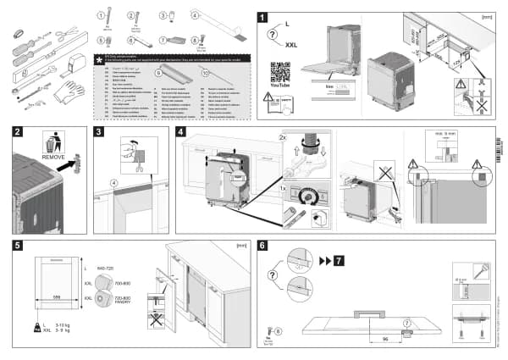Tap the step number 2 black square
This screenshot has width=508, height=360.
pyautogui.click(x=18, y=131)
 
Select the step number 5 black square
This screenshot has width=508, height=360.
pyautogui.click(x=18, y=246)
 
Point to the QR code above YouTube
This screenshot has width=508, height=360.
pyautogui.click(x=280, y=72)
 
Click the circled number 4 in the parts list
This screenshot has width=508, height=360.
pyautogui.click(x=195, y=14)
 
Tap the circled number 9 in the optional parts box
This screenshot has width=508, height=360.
pyautogui.click(x=157, y=75)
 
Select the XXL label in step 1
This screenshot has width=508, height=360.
pyautogui.click(x=291, y=43)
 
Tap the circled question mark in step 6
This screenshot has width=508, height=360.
pyautogui.click(x=273, y=274)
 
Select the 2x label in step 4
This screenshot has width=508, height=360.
pyautogui.click(x=284, y=135)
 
